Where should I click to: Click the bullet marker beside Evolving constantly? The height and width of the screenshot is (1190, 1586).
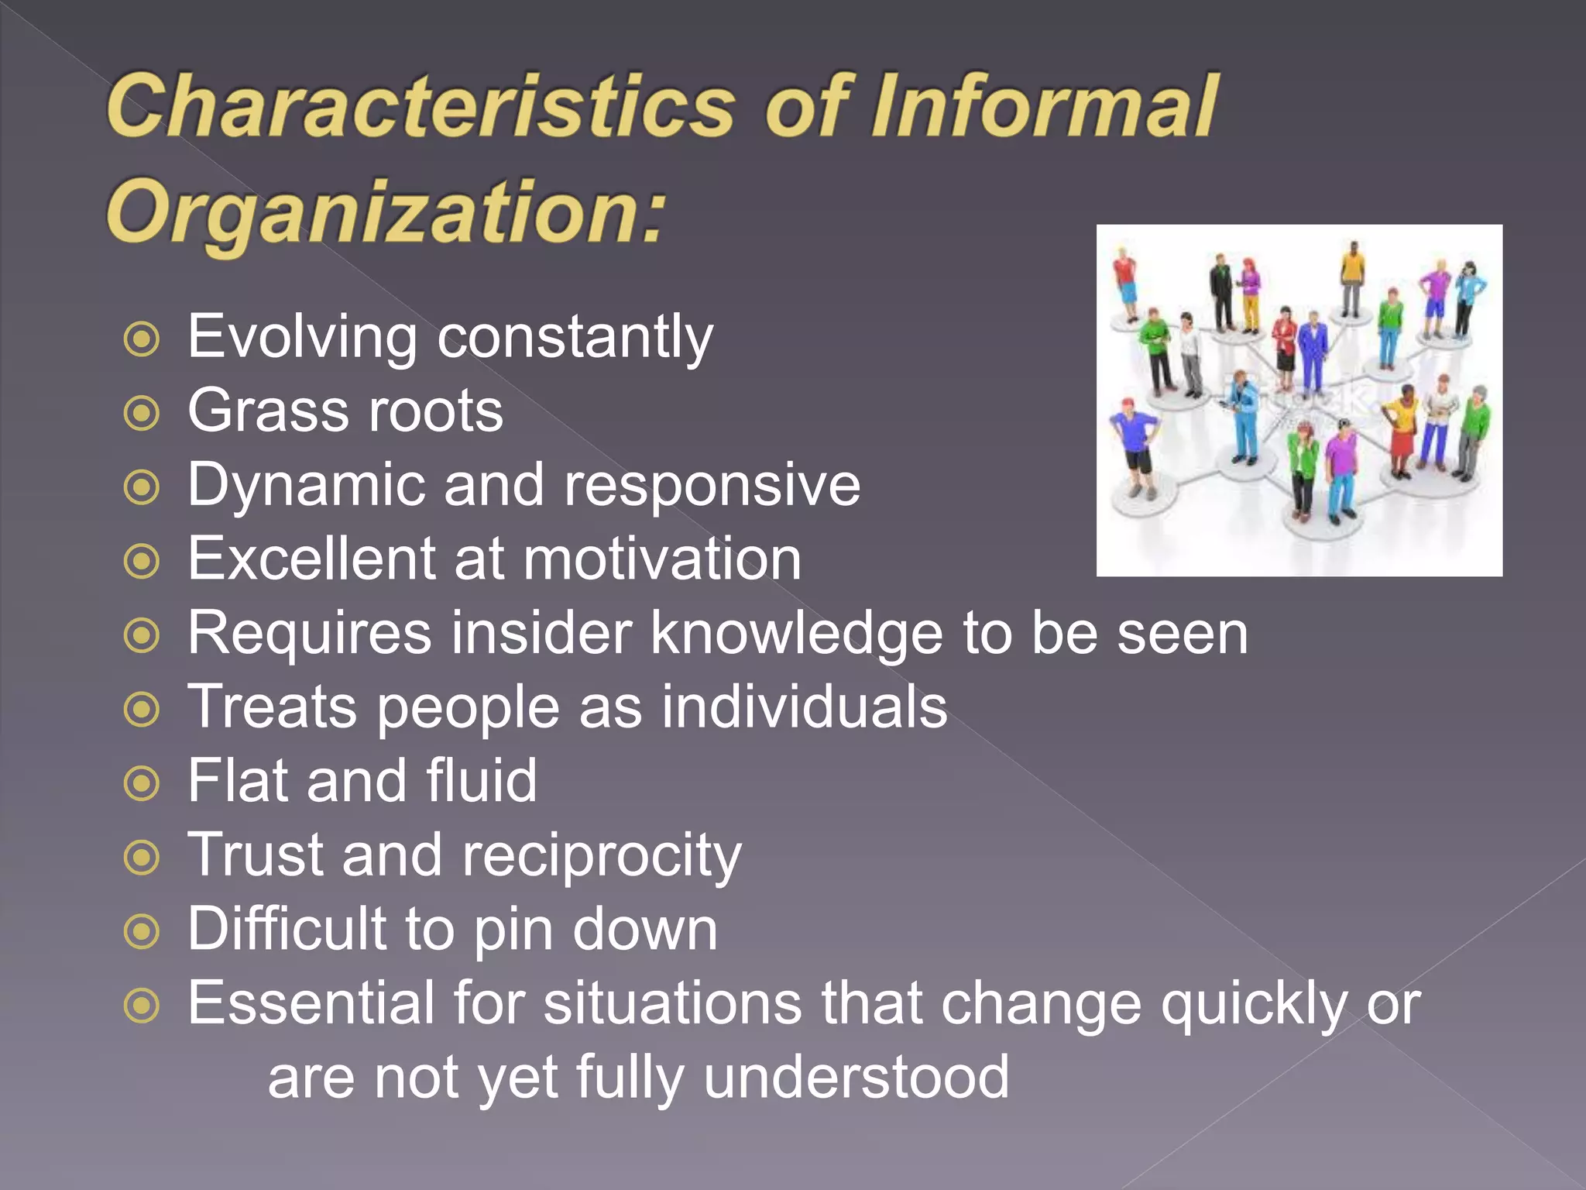pos(142,339)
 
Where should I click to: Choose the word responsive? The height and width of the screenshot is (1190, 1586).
pos(712,485)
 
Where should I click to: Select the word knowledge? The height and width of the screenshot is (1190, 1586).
pos(797,633)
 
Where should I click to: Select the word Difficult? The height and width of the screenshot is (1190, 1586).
pos(287,928)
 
